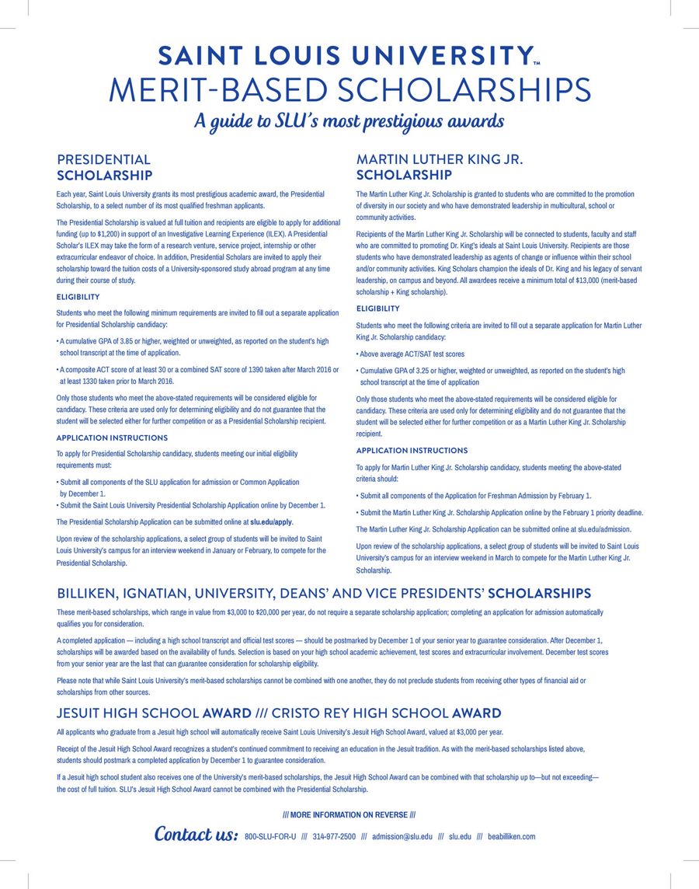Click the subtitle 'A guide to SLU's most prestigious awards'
[x=349, y=121]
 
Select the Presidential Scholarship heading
[x=104, y=168]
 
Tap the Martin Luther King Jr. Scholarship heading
[x=440, y=168]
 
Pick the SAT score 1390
[x=267, y=370]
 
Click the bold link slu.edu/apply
[x=272, y=522]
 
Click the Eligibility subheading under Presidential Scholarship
[x=78, y=297]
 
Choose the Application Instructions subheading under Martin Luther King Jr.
[x=412, y=451]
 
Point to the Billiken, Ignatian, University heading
[x=324, y=594]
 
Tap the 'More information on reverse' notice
[x=349, y=815]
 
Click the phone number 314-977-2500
[x=334, y=837]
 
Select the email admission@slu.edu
[x=402, y=837]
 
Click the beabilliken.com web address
[x=506, y=837]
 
